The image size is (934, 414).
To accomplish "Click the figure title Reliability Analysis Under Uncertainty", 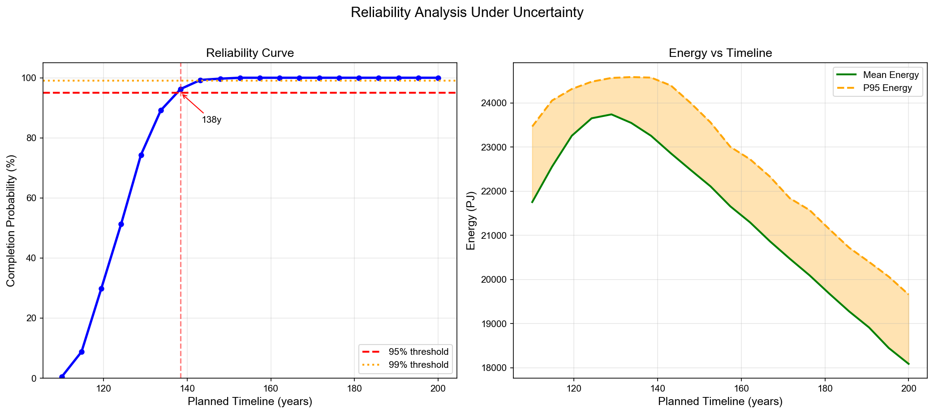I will pyautogui.click(x=467, y=13).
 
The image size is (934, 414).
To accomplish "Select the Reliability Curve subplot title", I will pyautogui.click(x=250, y=53).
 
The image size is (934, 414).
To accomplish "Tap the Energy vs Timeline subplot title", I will pyautogui.click(x=720, y=53).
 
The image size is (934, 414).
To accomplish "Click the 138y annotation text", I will pyautogui.click(x=211, y=120).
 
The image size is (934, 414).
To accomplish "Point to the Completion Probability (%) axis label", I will pyautogui.click(x=11, y=220).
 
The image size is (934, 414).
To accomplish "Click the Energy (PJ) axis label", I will pyautogui.click(x=470, y=220).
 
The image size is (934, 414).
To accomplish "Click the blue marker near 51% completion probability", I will pyautogui.click(x=121, y=224).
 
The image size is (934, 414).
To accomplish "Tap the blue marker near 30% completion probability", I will pyautogui.click(x=101, y=289).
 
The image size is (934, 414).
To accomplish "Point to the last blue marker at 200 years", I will pyautogui.click(x=438, y=78).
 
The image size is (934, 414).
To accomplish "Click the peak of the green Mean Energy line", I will pyautogui.click(x=611, y=114).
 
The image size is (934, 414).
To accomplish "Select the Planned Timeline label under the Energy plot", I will pyautogui.click(x=720, y=401).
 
